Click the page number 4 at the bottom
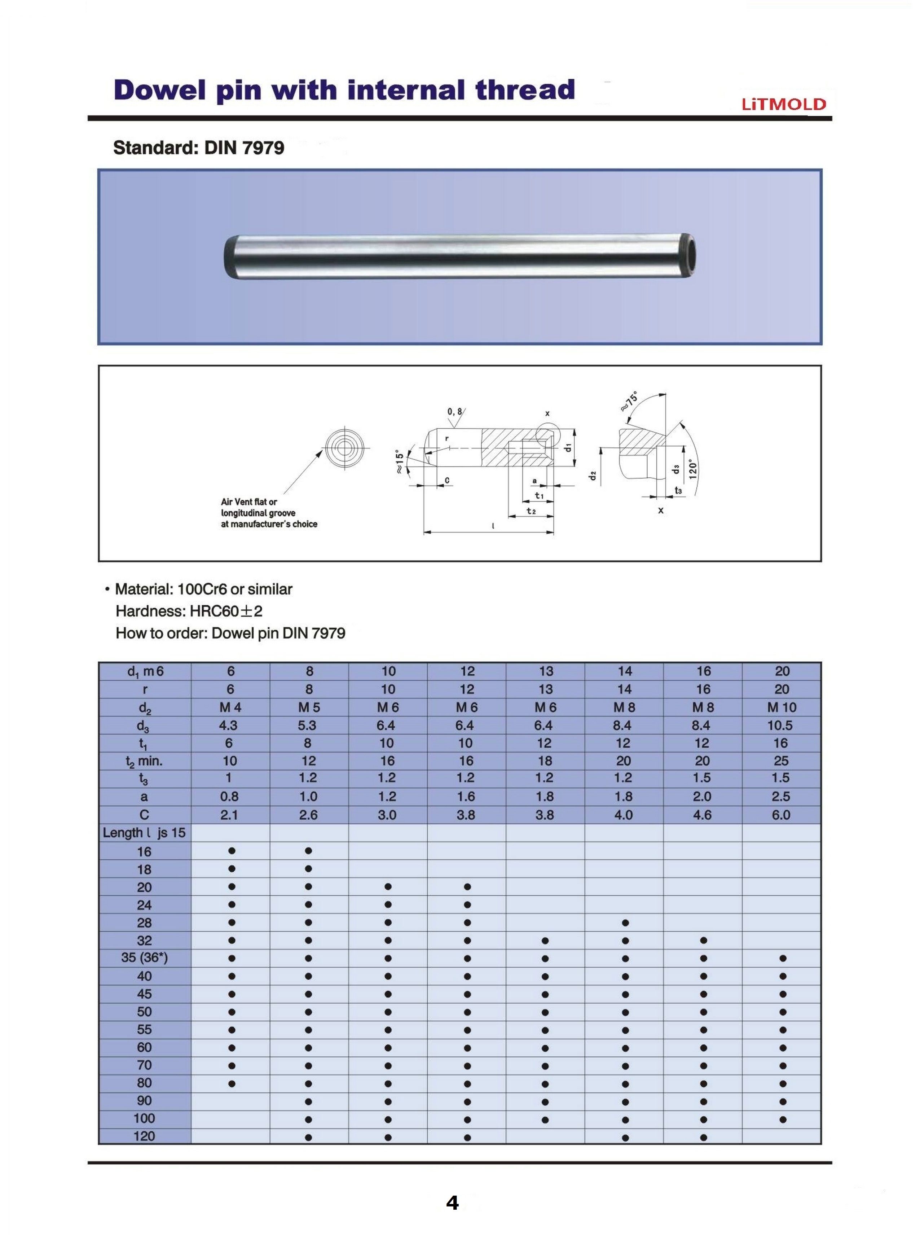pyautogui.click(x=452, y=1203)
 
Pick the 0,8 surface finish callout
pyautogui.click(x=454, y=412)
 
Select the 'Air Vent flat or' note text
pyautogui.click(x=249, y=502)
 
